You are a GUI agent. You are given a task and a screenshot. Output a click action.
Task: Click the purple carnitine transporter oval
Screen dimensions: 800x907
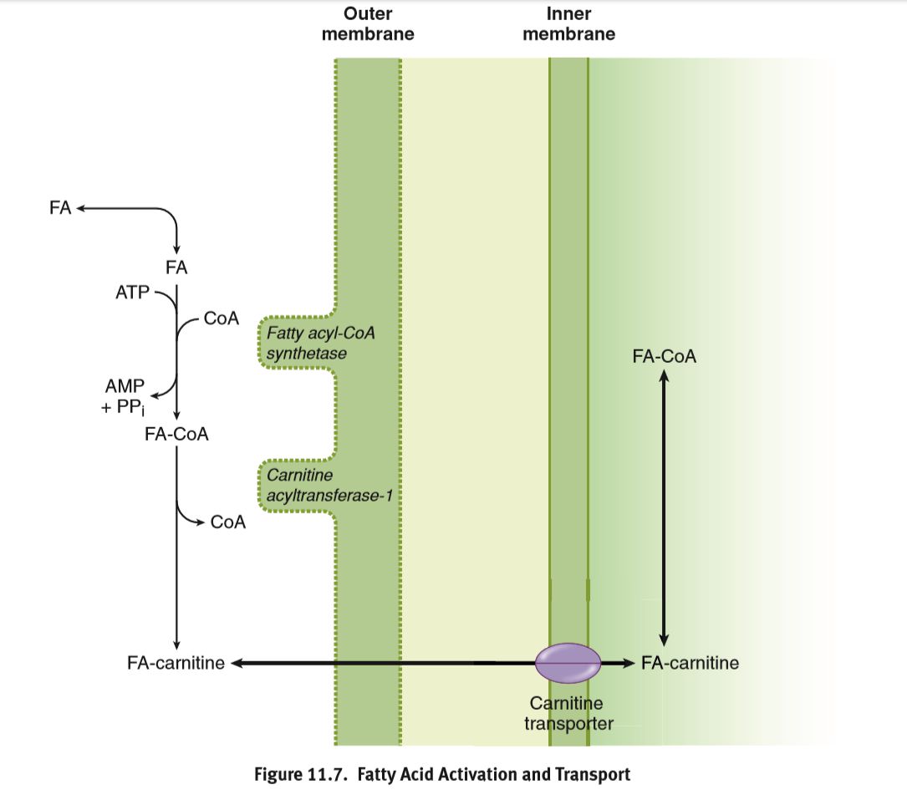[x=568, y=663]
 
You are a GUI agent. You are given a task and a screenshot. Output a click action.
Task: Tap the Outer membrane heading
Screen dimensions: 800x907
[x=368, y=23]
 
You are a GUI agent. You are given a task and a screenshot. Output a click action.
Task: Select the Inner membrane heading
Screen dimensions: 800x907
[x=568, y=23]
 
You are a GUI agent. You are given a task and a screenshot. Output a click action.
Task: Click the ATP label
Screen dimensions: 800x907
[x=132, y=292]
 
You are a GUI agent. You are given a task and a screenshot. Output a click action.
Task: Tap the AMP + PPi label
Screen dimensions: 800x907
[x=125, y=397]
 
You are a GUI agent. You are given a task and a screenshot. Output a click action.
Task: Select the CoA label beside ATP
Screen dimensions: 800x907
[x=222, y=318]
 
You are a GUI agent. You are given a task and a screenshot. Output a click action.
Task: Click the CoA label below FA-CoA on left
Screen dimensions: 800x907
[x=228, y=522]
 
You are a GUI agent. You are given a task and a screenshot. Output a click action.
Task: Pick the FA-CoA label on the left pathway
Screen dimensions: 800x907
[x=176, y=435]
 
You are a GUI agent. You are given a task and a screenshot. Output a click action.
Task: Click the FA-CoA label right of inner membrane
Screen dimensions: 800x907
[x=665, y=357]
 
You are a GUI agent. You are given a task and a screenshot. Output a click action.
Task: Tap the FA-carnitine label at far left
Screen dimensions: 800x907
[x=176, y=664]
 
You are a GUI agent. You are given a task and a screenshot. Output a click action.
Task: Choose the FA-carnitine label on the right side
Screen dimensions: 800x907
[x=690, y=664]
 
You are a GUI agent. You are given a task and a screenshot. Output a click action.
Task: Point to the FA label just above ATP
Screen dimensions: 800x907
[x=176, y=268]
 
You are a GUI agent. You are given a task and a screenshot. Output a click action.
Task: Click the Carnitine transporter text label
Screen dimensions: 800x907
[x=568, y=713]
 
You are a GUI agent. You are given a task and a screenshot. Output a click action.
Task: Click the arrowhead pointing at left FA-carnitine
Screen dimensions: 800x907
[x=236, y=664]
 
